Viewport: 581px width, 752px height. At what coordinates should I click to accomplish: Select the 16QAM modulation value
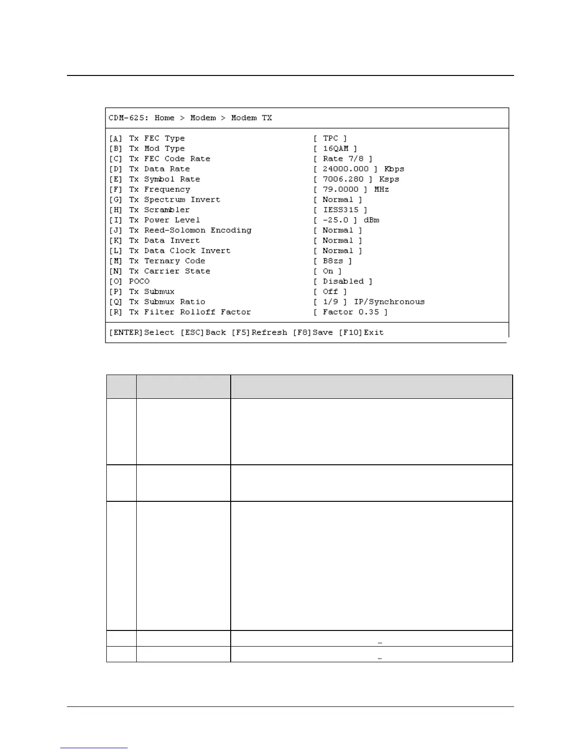point(336,149)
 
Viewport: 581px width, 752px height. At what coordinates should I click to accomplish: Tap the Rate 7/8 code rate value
point(343,159)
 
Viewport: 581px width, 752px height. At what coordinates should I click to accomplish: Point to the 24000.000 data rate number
point(346,169)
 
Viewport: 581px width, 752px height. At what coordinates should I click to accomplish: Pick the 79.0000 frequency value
point(340,189)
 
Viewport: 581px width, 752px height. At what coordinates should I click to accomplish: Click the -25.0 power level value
point(335,220)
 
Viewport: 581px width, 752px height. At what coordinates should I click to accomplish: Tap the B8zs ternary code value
point(333,261)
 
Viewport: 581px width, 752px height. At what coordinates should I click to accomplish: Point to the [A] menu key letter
point(116,138)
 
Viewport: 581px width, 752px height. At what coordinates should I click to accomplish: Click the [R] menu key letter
point(116,312)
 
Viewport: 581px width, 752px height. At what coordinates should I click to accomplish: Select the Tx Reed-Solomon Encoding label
point(190,230)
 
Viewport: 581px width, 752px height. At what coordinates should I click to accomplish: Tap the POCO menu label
point(139,282)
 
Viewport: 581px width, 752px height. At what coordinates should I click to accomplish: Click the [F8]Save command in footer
point(313,332)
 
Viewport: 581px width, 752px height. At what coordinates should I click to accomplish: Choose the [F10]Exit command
point(361,332)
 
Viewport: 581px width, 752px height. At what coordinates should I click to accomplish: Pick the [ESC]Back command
point(203,332)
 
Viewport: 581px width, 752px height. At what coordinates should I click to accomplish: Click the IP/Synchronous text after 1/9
point(389,302)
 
